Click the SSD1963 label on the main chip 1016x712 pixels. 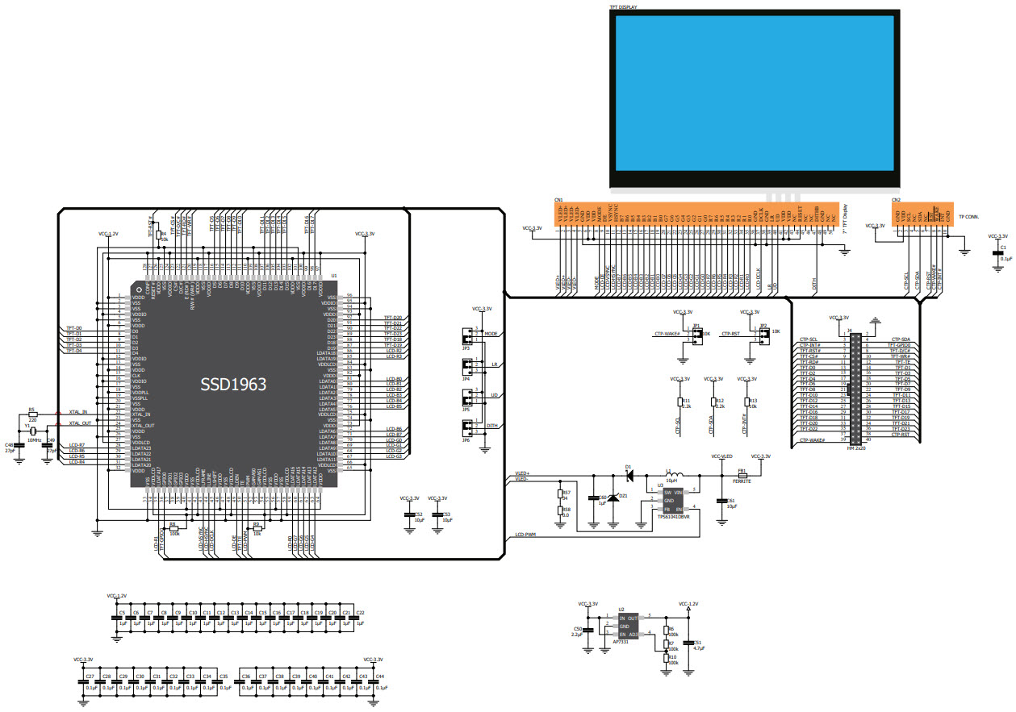233,385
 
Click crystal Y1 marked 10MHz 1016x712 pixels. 36,431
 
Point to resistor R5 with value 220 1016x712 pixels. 33,414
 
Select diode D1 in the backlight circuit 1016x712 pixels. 629,473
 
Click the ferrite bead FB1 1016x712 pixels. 742,474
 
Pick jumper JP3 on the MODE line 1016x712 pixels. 466,335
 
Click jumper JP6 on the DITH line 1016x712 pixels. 466,427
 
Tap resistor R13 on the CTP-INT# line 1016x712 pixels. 747,402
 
